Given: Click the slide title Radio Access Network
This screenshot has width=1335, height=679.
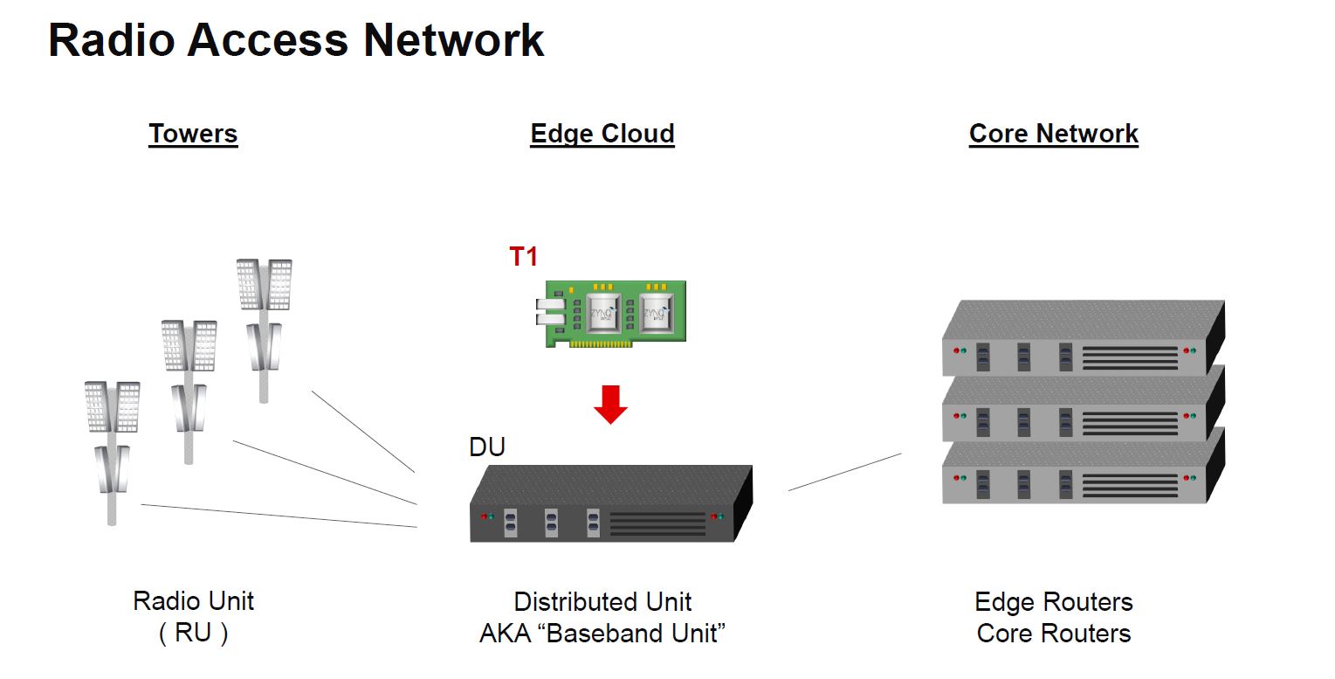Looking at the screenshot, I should coord(296,41).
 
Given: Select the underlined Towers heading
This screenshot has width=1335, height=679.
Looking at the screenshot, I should coord(193,134).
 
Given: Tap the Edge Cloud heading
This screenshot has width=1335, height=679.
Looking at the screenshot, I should coord(602,134).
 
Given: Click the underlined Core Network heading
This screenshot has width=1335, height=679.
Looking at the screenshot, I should coord(1053,134).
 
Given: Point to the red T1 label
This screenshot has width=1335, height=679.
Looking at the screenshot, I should coord(524,257).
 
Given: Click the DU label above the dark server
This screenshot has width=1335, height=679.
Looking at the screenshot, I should coord(487,447).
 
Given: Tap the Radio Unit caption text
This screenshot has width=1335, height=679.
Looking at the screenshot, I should coord(193,601).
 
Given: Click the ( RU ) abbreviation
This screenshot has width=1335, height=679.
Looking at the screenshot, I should coord(193,634).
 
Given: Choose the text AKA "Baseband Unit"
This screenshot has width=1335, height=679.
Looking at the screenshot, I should coord(602,634).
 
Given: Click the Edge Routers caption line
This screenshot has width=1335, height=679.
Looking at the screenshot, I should coord(1053,602).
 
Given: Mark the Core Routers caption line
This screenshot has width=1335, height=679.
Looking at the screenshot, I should coord(1053,634).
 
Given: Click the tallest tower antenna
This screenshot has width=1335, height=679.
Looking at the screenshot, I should coord(264,323).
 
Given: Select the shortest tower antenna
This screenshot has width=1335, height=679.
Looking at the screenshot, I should coord(111,446).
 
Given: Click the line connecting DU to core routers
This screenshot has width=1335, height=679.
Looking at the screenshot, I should coord(844,472).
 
